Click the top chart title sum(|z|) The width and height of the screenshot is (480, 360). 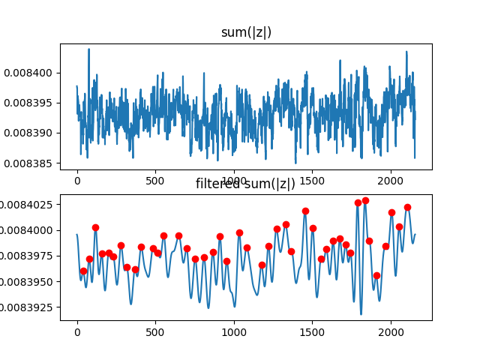246,32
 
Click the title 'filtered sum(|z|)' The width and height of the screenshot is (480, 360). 245,184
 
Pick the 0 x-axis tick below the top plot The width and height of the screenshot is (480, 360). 77,181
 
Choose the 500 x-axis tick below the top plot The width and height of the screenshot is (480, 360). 155,181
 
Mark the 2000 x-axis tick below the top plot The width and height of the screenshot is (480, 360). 391,181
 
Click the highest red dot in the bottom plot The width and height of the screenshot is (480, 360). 365,201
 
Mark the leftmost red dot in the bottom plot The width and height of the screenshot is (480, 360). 83,271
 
